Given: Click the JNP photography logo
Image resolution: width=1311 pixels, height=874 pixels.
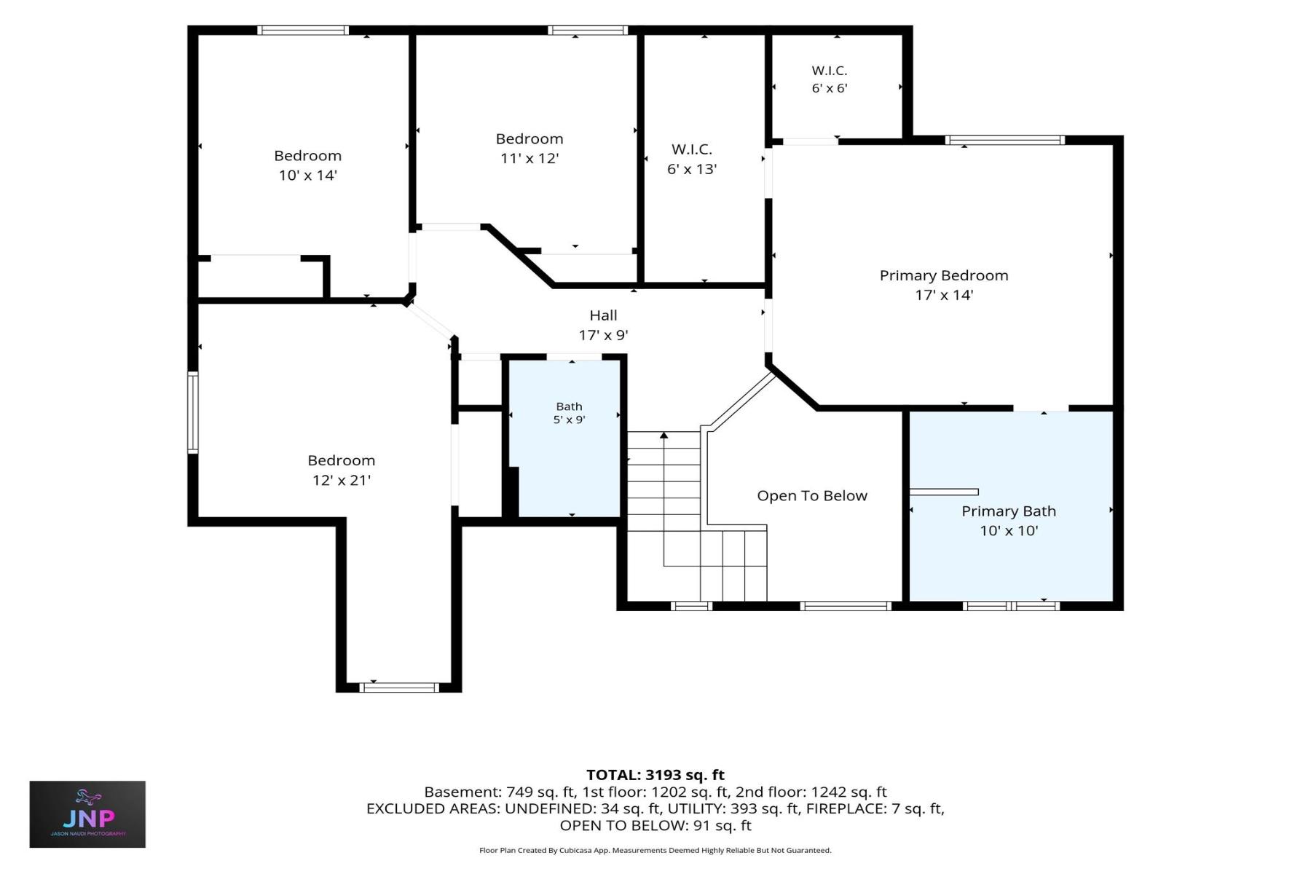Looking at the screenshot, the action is click(87, 814).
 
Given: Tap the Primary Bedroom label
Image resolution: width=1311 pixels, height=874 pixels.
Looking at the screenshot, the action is click(944, 275).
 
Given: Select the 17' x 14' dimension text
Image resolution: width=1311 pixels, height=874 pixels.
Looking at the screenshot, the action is click(944, 295).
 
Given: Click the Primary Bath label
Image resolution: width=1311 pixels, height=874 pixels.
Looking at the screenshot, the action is click(1009, 511).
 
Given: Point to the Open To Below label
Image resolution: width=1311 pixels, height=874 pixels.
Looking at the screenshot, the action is click(812, 496).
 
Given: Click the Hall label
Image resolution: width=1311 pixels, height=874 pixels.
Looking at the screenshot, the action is click(603, 315).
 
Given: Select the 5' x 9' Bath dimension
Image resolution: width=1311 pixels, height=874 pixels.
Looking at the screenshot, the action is click(569, 420).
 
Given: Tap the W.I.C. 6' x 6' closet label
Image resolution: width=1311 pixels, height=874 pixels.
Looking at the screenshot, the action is click(830, 79).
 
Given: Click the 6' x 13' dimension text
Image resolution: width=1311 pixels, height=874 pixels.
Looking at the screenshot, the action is click(692, 169).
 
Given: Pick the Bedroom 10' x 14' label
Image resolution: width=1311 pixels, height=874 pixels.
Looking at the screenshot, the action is click(307, 165).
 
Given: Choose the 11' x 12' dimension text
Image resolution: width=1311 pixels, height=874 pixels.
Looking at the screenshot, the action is click(529, 158).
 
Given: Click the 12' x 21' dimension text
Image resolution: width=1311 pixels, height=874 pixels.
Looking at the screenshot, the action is click(342, 480).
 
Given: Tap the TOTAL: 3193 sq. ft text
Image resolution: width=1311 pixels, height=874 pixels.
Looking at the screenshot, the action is click(655, 775).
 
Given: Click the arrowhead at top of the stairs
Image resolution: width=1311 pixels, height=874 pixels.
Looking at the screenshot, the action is click(664, 436).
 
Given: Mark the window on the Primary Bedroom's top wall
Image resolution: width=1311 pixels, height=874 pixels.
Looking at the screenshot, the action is click(1005, 140).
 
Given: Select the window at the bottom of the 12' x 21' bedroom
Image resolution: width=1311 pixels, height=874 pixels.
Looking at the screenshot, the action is click(399, 688).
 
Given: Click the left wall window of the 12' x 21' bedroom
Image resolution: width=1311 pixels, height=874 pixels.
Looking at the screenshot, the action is click(193, 413).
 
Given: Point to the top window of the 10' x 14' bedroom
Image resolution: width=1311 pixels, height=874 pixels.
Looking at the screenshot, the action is click(302, 31).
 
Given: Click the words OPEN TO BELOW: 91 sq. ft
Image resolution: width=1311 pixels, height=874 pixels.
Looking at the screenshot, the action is click(655, 825).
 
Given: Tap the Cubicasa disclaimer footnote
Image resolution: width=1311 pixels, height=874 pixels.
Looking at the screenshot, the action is click(655, 850).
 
